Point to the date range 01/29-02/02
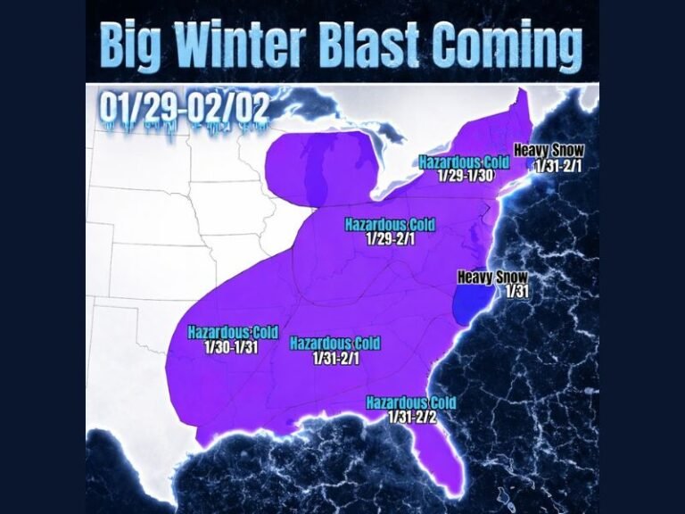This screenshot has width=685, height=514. point(185,108)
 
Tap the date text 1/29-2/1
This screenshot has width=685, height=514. point(389,238)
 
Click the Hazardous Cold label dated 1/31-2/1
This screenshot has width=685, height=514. point(334,344)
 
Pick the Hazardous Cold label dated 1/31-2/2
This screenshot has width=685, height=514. point(410,402)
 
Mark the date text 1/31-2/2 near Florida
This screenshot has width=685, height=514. point(411,417)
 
